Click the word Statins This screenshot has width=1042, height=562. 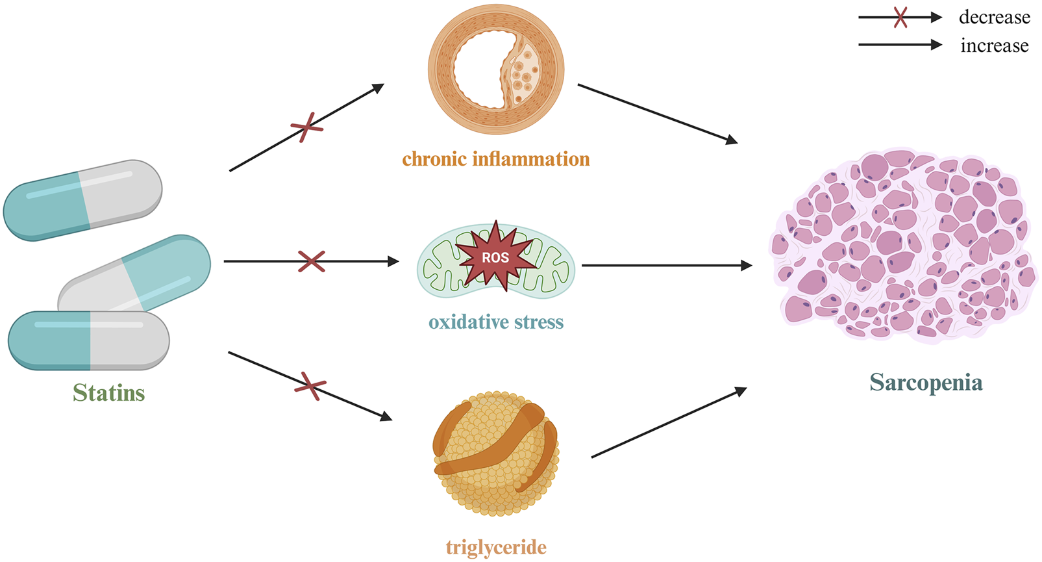[108, 392]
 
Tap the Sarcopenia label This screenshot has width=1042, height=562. [926, 382]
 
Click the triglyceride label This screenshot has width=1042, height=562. [496, 547]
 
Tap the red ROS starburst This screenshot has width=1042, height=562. [495, 257]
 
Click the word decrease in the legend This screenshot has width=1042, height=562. [994, 18]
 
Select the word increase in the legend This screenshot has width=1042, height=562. [994, 45]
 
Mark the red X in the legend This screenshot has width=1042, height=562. [900, 18]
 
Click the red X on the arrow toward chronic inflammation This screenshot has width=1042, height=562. [306, 127]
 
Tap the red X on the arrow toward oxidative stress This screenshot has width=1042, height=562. [312, 261]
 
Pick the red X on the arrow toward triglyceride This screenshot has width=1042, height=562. [310, 386]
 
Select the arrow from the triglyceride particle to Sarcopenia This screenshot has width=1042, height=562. [669, 423]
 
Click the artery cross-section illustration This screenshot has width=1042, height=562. [496, 70]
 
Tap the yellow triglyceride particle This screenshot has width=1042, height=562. [496, 453]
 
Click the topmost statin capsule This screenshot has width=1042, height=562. [82, 199]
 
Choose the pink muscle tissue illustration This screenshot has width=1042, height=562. [902, 246]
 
